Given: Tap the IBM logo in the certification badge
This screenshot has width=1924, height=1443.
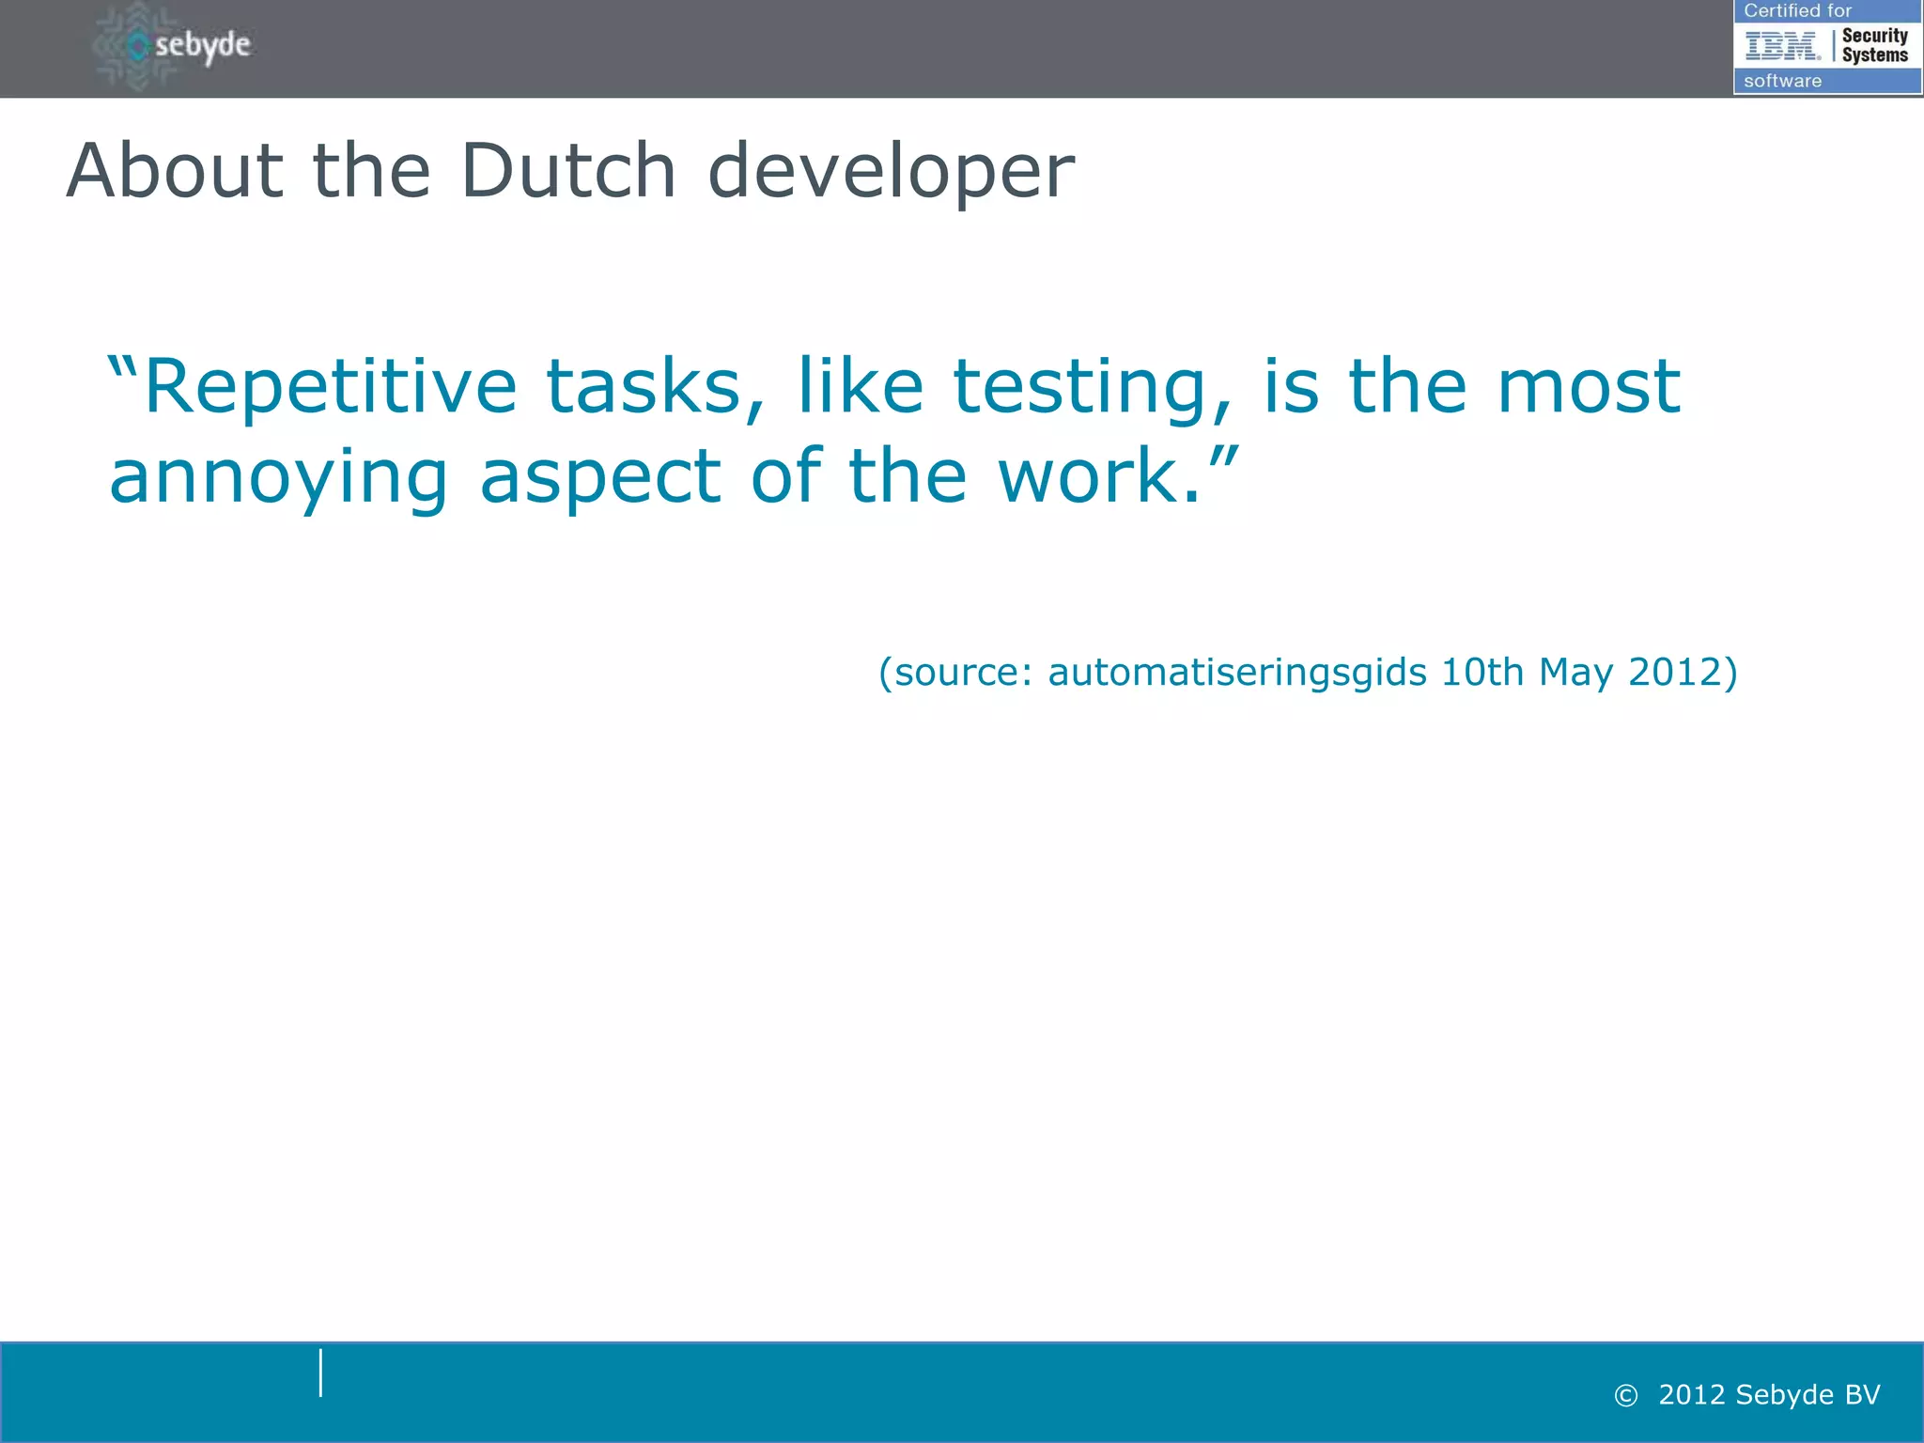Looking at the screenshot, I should [1782, 45].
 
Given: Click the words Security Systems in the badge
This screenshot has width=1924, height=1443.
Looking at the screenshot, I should [1874, 45].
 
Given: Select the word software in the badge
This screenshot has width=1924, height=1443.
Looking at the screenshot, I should [1782, 81].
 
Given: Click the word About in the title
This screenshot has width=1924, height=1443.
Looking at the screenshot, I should [175, 171].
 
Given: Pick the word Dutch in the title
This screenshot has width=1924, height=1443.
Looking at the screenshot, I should [568, 171].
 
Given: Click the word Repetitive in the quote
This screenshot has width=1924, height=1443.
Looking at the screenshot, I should [330, 387].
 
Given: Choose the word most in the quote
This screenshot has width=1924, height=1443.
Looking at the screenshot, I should [1589, 387].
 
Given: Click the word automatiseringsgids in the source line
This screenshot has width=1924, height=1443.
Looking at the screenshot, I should [1237, 673].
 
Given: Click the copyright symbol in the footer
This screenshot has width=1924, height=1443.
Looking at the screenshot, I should [1625, 1396].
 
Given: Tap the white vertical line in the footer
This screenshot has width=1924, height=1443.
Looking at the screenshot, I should [320, 1373].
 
